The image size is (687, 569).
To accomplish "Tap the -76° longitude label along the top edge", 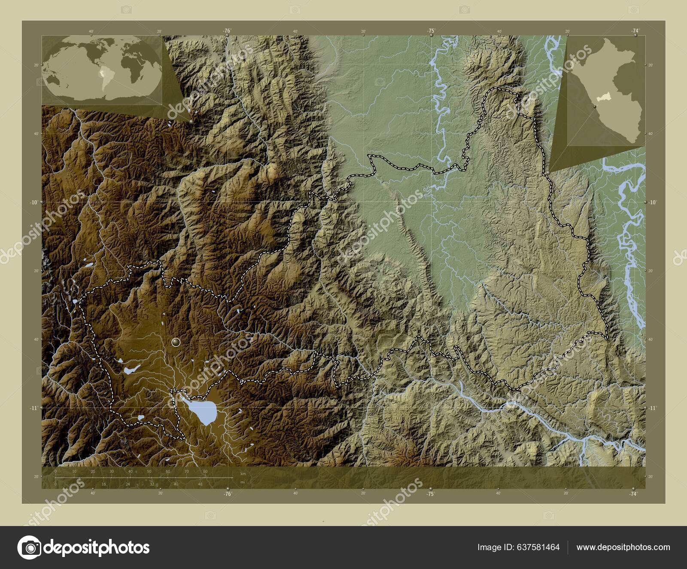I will coord(227,31).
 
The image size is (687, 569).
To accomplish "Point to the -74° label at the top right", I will coord(635,31).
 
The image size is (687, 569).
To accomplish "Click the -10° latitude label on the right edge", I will coord(651,202).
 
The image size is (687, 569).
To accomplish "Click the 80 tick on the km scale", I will coord(205,472).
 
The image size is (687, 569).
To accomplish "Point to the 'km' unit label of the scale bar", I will coord(243,474).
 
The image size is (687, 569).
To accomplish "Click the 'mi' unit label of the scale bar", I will coord(243,482).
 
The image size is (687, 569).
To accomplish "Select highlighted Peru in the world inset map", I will coord(102,74).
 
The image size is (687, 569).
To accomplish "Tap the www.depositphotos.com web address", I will coord(623,548).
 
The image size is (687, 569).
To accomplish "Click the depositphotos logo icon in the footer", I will coord(29,548).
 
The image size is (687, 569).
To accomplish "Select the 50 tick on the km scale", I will coord(149,472).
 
